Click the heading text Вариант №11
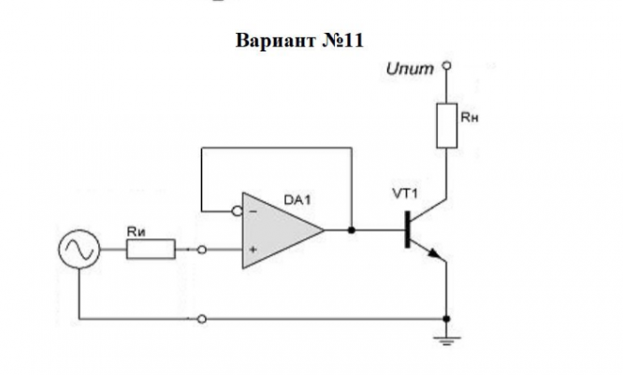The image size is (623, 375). (x=299, y=40)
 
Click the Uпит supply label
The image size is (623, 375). (x=410, y=69)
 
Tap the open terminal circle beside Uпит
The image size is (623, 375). (x=446, y=65)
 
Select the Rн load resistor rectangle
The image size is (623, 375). (x=446, y=125)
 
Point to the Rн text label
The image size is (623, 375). (x=470, y=118)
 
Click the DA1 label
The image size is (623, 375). (x=297, y=200)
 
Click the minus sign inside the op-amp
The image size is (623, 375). (x=254, y=211)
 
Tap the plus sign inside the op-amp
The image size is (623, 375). (x=254, y=250)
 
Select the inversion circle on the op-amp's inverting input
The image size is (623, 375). (x=238, y=211)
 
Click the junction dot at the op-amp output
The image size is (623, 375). (x=351, y=230)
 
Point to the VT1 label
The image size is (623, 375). (x=405, y=194)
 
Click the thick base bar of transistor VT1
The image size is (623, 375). (x=407, y=230)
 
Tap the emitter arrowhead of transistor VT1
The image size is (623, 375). (x=436, y=253)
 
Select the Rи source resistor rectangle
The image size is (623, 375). (x=151, y=249)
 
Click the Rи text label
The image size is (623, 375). (x=137, y=232)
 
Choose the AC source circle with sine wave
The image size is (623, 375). (x=80, y=250)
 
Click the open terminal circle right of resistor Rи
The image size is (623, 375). (x=202, y=250)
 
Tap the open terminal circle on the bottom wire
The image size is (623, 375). (x=202, y=319)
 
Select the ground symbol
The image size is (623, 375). (x=446, y=341)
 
